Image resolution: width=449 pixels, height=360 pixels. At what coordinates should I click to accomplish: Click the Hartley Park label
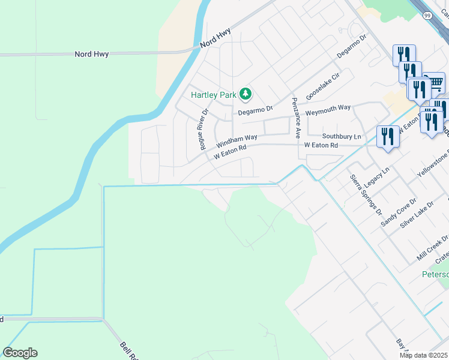click(x=212, y=95)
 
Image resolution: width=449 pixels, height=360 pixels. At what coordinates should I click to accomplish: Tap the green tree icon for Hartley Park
click(x=245, y=94)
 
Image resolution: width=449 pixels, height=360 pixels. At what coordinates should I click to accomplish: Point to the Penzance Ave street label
click(x=295, y=118)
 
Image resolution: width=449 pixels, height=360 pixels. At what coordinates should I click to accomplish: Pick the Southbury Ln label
click(x=342, y=136)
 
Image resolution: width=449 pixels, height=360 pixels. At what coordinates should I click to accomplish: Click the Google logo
click(x=20, y=353)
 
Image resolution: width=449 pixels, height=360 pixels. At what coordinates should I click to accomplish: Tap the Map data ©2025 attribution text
click(x=423, y=355)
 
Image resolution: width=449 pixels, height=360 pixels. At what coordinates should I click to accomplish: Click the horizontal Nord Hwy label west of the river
click(x=91, y=54)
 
